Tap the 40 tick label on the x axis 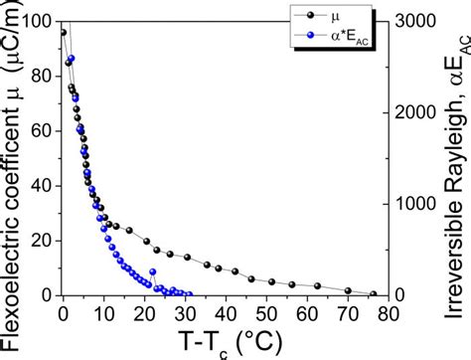pyautogui.click(x=226, y=311)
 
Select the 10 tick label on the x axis pyautogui.click(x=103, y=311)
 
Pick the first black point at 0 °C pyautogui.click(x=64, y=33)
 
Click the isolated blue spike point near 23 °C pyautogui.click(x=153, y=271)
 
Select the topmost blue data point pyautogui.click(x=72, y=59)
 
